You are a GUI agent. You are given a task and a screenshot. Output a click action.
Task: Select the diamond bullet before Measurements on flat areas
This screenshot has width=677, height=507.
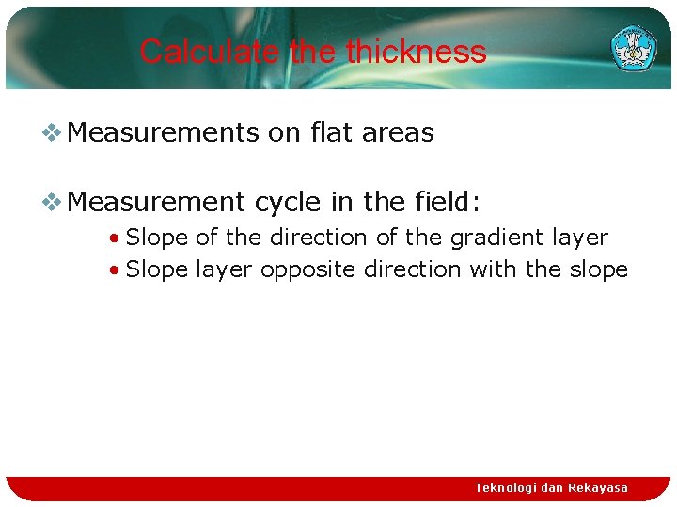tap(53, 133)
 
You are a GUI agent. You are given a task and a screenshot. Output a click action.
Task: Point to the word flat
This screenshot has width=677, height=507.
tap(328, 132)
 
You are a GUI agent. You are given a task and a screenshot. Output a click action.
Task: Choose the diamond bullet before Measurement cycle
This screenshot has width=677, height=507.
tap(53, 201)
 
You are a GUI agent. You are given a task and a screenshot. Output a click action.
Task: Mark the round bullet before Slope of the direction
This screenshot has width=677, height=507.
tap(113, 238)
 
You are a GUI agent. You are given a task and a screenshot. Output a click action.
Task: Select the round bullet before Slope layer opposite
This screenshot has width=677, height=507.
tap(113, 270)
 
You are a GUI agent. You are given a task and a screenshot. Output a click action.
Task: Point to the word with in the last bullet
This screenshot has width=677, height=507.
tap(493, 269)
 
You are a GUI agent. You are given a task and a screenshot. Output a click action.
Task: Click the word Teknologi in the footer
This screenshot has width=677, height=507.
tap(506, 487)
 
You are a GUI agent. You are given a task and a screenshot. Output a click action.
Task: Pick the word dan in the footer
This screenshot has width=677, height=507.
tap(552, 487)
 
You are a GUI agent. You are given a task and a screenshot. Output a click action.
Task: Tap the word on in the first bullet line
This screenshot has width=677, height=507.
tap(284, 132)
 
